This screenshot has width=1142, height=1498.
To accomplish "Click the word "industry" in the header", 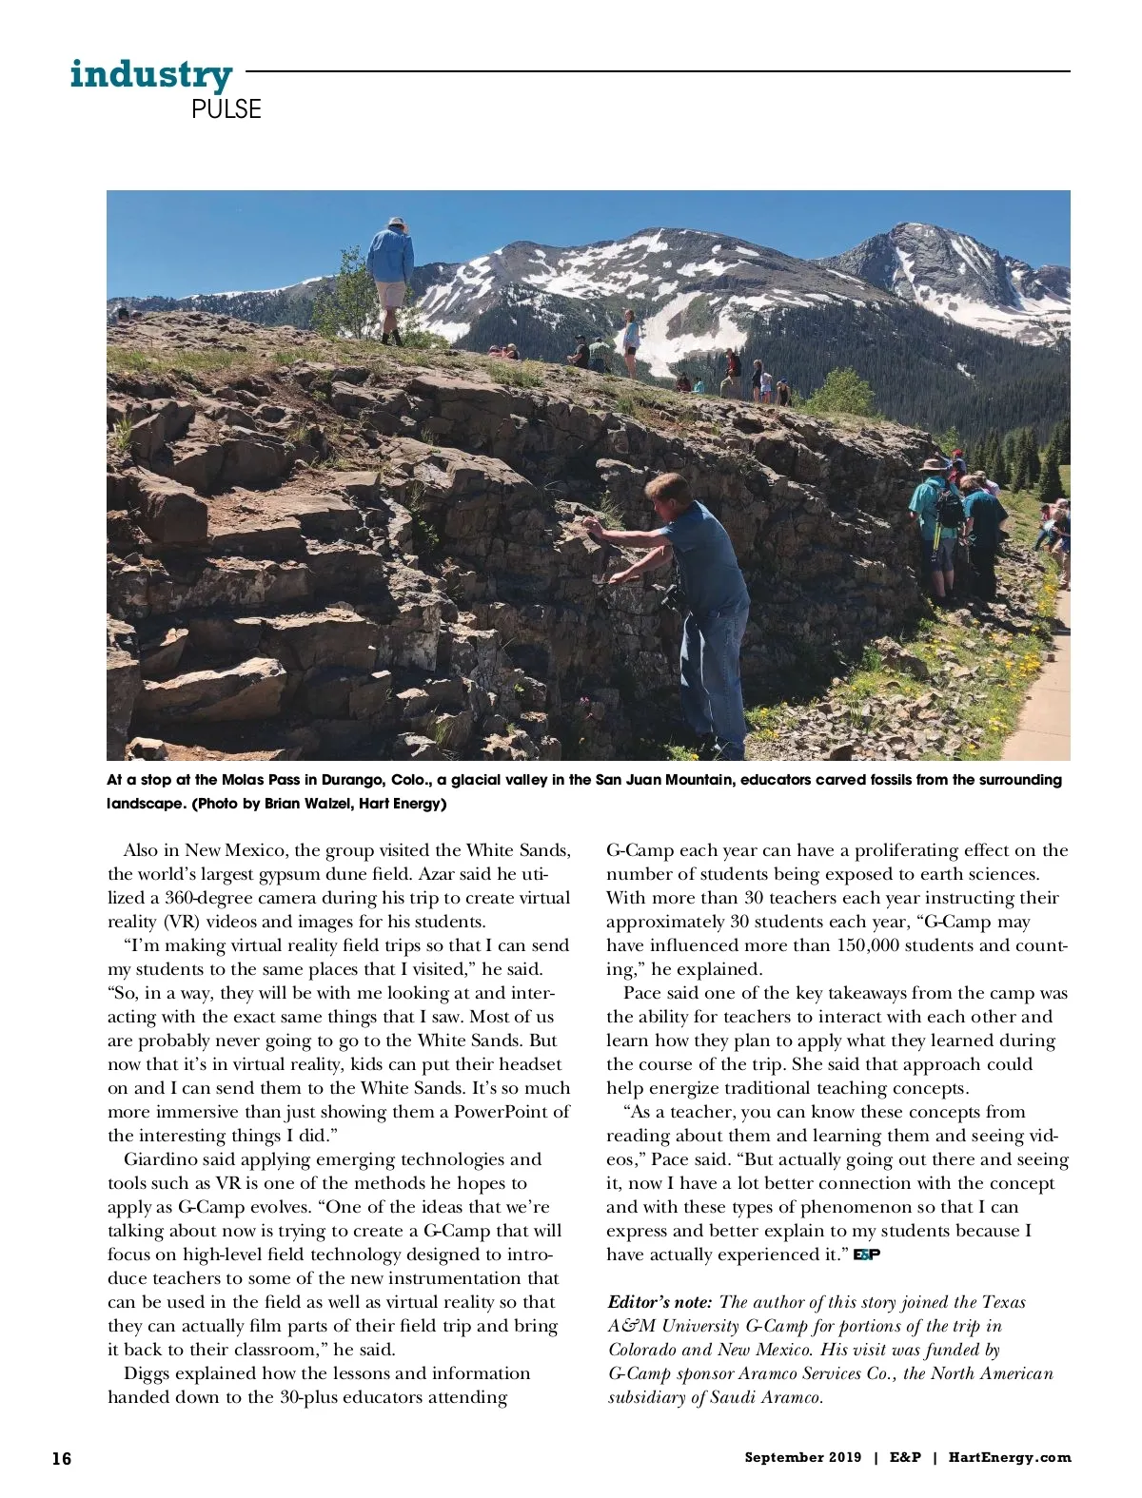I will tap(150, 73).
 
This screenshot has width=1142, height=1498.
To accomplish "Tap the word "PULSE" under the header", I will tap(226, 109).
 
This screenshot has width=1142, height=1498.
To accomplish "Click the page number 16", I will tap(62, 1458).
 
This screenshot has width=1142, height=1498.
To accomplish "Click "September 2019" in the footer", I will tap(803, 1457).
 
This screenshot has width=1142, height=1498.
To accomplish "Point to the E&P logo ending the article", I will tap(866, 1255).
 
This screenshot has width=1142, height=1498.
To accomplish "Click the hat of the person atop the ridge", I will tap(395, 223).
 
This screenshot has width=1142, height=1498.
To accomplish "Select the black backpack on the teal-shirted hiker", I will tap(948, 506).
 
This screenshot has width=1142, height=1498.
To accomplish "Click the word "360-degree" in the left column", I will tap(207, 898).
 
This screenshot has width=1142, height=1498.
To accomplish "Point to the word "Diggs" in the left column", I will tap(147, 1373).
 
